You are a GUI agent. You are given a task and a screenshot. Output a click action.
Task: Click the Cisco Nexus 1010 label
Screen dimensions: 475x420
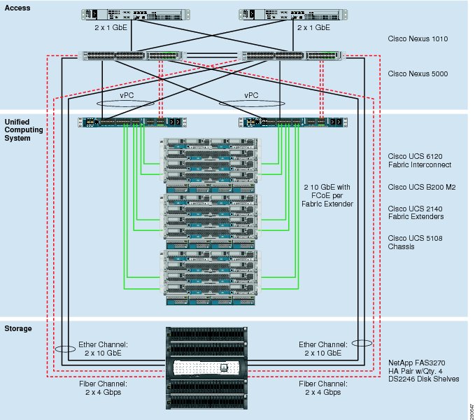[x=418, y=38]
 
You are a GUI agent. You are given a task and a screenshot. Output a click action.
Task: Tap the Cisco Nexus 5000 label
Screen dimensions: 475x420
[x=418, y=73]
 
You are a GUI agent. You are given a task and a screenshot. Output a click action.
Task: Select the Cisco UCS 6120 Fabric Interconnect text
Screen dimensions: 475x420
[x=420, y=160]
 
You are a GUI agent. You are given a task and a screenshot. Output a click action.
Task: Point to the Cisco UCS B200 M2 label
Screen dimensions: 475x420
[x=422, y=188]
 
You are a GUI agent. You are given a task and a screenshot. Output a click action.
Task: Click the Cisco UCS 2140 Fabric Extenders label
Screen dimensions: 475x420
[x=416, y=212]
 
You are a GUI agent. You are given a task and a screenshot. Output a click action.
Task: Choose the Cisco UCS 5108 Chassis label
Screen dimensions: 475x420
[x=415, y=242]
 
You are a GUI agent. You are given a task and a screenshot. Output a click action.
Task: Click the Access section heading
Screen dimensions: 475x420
[x=17, y=8]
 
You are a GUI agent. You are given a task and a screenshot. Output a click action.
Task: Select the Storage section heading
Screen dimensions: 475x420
[x=18, y=328]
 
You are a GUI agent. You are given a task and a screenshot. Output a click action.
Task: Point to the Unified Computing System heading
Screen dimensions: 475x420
[x=24, y=130]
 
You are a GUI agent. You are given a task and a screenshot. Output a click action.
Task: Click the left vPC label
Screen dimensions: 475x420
[x=127, y=95]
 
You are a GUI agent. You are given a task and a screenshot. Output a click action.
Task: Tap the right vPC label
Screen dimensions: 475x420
[x=251, y=95]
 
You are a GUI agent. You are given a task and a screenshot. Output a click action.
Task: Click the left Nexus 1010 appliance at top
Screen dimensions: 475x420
[x=136, y=15]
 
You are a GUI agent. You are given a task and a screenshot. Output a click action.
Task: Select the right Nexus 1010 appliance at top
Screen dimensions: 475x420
[x=293, y=15]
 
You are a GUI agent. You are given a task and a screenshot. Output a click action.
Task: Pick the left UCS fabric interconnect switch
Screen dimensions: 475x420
[x=132, y=122]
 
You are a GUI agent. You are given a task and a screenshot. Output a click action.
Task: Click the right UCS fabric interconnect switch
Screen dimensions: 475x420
[x=293, y=122]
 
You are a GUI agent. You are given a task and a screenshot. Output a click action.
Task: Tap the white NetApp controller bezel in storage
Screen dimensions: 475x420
[x=206, y=368]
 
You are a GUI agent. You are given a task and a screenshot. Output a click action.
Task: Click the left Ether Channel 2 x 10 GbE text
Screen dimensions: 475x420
[x=103, y=349]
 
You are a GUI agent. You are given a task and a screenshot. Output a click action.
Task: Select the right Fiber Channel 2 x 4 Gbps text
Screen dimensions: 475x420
[x=323, y=388]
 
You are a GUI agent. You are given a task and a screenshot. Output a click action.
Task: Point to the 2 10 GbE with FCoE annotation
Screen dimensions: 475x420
[x=327, y=195]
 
